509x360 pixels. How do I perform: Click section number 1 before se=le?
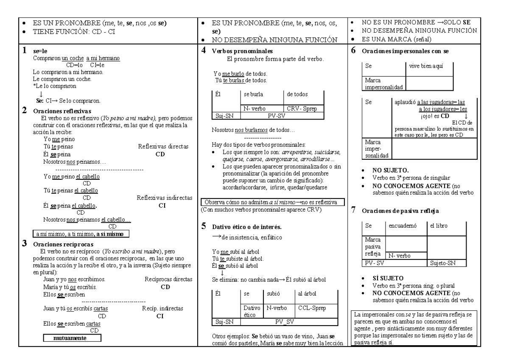(25, 50)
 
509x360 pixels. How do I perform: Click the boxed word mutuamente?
(72, 338)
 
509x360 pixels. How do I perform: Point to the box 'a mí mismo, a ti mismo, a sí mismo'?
(81, 234)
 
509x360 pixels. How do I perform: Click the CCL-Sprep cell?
(315, 308)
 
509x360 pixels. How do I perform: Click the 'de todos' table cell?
(301, 94)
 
